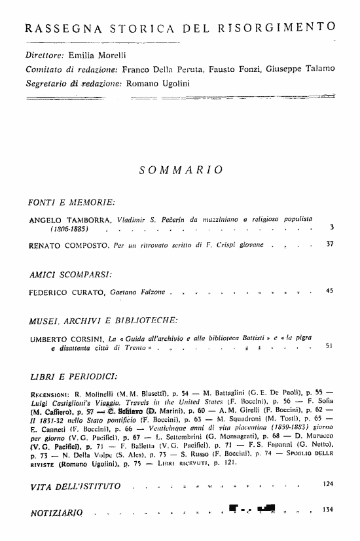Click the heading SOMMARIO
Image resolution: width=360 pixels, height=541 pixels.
click(181, 170)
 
